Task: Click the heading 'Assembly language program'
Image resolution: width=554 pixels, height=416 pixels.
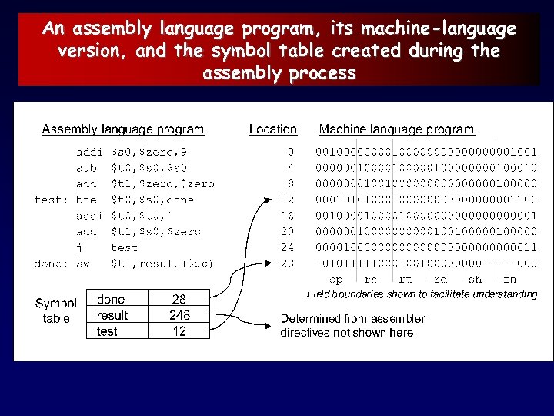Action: pos(123,129)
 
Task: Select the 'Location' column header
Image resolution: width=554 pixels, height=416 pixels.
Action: pos(272,129)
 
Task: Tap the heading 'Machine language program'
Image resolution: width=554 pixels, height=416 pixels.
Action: pos(396,129)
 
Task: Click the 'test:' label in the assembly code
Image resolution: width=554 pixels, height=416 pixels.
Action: pos(51,200)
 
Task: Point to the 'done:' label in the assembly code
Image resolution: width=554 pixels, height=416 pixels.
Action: pos(51,263)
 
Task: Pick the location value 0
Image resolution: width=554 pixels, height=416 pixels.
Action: pos(290,153)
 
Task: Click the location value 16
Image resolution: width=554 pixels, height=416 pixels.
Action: pos(287,216)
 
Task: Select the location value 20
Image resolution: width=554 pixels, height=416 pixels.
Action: pos(287,231)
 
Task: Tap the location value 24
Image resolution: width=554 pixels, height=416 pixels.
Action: pos(287,247)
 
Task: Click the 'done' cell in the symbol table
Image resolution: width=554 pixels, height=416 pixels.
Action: pos(111,299)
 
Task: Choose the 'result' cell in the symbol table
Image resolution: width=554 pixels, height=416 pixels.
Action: pos(112,315)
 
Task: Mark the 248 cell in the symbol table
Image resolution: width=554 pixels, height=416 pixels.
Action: pos(179,315)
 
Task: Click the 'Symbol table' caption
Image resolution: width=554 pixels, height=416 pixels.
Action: pos(56,311)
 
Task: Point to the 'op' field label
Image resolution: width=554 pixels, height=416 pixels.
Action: pos(336,280)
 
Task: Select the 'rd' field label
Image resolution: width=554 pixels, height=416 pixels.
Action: pos(441,280)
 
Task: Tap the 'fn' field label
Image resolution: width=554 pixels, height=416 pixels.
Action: pos(509,280)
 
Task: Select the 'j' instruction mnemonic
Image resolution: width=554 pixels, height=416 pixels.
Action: pos(79,247)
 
